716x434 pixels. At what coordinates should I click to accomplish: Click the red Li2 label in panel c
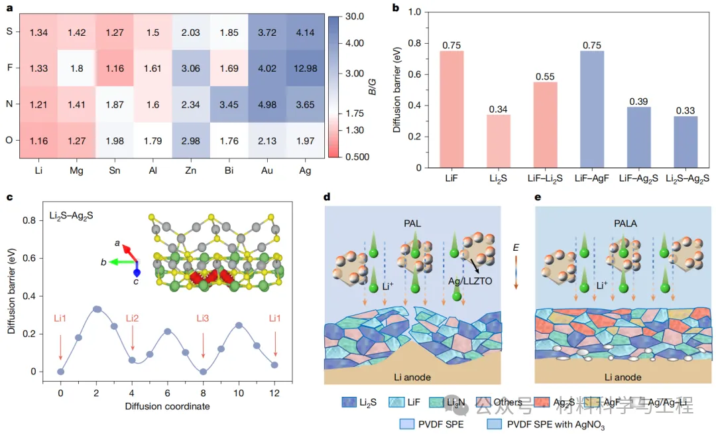click(132, 319)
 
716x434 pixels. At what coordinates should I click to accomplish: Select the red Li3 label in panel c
click(203, 319)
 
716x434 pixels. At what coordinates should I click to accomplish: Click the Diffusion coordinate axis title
click(168, 405)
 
